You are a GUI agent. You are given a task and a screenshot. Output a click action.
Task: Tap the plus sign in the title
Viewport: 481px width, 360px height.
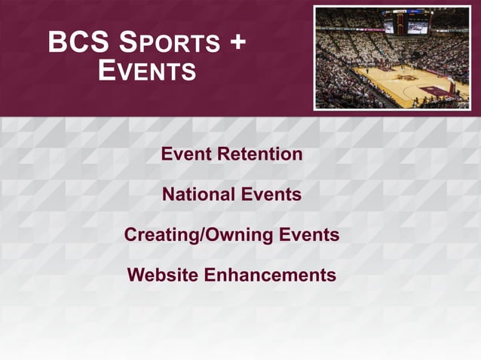(x=237, y=43)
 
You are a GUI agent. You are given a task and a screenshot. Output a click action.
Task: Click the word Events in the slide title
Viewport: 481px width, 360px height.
(x=147, y=72)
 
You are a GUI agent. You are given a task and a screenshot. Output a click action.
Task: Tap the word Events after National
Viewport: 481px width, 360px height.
(x=271, y=194)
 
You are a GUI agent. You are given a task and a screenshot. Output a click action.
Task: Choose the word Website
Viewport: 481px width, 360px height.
(x=164, y=275)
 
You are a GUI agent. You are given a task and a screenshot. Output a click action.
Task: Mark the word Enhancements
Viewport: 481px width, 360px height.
(x=270, y=275)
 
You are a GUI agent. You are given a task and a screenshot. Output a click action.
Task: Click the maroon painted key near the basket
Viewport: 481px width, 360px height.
(x=437, y=90)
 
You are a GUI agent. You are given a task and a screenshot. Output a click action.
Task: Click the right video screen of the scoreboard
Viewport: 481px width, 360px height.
(x=418, y=26)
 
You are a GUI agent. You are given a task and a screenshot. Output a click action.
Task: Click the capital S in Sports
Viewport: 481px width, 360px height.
(x=121, y=43)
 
